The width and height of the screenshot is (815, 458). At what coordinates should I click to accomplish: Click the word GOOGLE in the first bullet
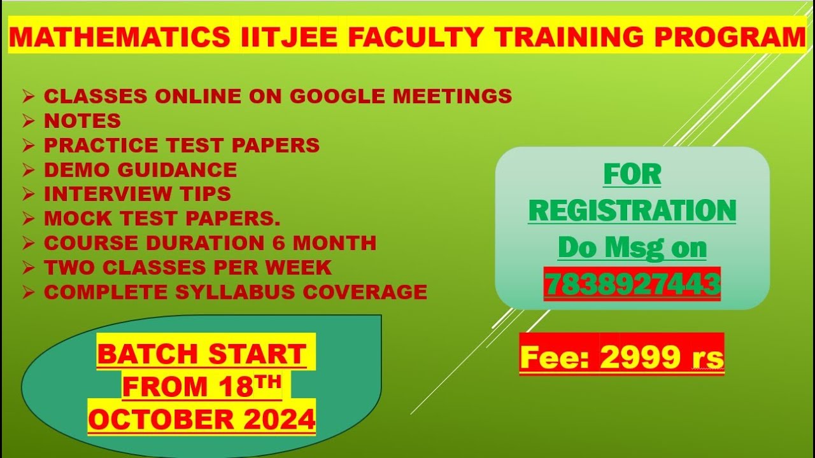tap(338, 96)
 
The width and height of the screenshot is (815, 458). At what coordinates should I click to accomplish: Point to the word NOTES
tap(82, 120)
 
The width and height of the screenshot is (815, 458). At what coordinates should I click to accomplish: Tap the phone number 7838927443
tap(632, 284)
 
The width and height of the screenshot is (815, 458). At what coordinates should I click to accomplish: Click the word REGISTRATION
tap(632, 210)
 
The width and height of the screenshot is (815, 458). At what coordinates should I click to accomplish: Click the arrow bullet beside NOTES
tap(28, 121)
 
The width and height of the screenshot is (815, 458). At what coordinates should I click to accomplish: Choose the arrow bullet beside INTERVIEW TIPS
tap(28, 194)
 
